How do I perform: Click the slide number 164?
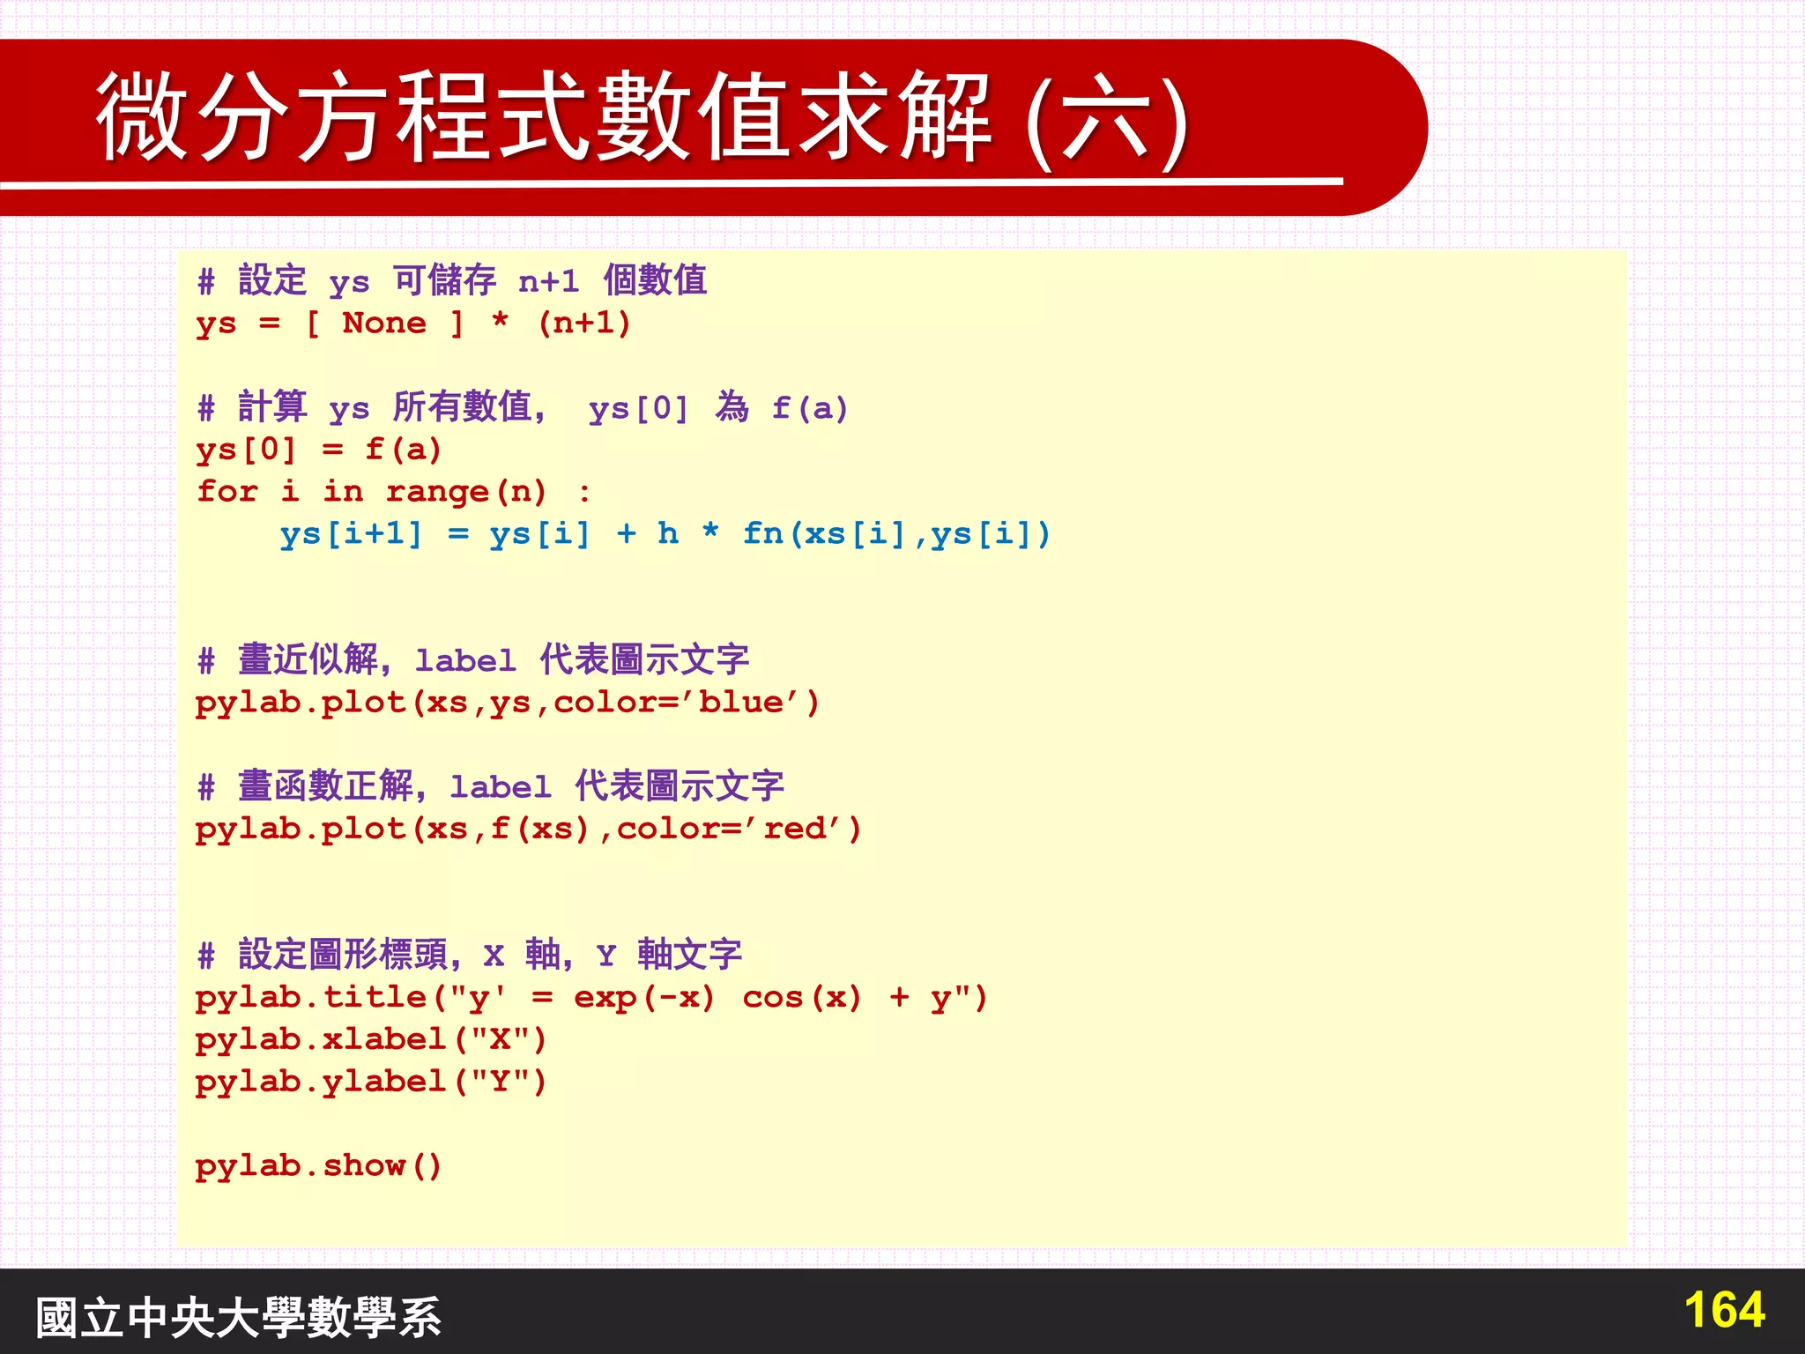pos(1724,1310)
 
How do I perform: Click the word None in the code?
pos(383,324)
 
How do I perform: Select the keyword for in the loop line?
pos(227,491)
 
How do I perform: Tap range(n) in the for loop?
pos(466,492)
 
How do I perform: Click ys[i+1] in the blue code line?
pos(351,534)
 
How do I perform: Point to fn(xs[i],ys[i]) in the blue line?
pos(896,534)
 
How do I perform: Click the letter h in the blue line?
pos(668,533)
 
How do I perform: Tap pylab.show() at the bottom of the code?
pos(317,1166)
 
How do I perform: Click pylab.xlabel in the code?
pos(321,1040)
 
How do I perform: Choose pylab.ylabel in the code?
pos(321,1082)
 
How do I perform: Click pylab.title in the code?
pos(312,998)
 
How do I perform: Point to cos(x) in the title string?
pos(801,998)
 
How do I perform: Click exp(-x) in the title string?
pos(644,998)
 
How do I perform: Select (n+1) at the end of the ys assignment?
pos(584,324)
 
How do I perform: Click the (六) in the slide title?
pos(1109,123)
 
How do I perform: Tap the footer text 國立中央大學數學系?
pos(238,1317)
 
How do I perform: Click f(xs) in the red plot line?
pos(539,829)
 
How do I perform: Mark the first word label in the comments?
pos(465,660)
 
